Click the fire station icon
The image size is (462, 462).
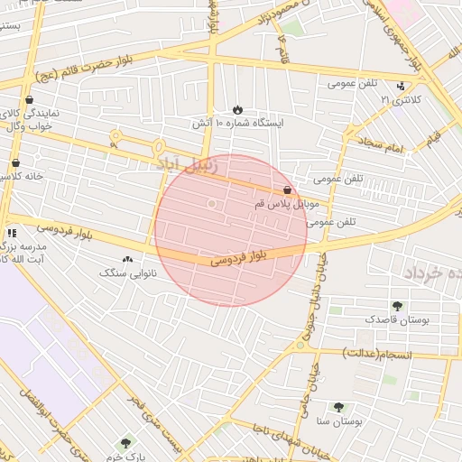[237, 108]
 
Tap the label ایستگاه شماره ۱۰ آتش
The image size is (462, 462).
[237, 122]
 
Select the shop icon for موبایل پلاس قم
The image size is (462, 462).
[287, 190]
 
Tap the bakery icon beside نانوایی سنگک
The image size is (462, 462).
[126, 258]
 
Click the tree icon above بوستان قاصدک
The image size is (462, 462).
[397, 306]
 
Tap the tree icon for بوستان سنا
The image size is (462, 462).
[338, 407]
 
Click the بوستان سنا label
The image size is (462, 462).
[338, 420]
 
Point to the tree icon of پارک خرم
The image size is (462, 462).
[125, 443]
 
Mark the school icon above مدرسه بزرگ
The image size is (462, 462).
[12, 232]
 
